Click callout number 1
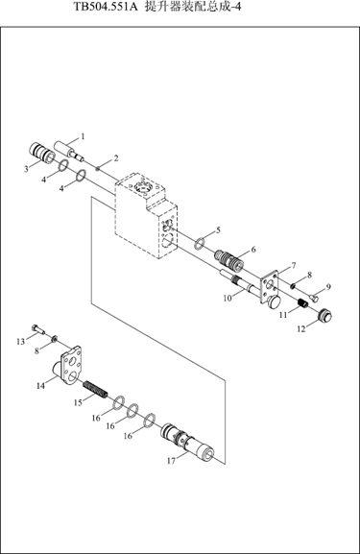click(83, 136)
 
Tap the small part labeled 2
click(98, 169)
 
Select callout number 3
click(26, 169)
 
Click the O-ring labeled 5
click(200, 243)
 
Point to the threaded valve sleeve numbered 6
click(228, 259)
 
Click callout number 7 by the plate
click(293, 265)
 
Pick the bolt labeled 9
click(314, 299)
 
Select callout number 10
click(228, 298)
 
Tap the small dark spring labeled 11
click(301, 303)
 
